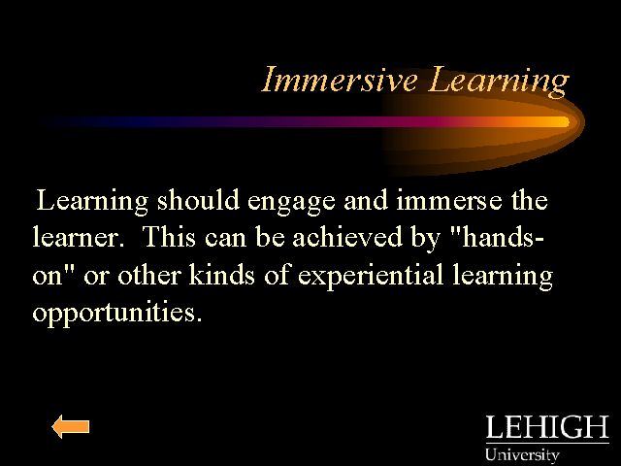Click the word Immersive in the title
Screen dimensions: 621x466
pos(340,80)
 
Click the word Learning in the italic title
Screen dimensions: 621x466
pos(499,82)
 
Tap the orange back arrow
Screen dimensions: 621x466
pos(71,427)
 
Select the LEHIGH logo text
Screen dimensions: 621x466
pos(547,427)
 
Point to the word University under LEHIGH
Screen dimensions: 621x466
pos(522,455)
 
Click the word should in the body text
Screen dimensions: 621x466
pos(198,200)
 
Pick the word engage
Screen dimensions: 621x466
pos(291,203)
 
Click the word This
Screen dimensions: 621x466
pos(169,237)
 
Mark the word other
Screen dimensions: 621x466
pos(148,274)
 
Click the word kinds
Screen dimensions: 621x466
pos(221,274)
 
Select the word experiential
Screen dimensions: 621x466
pos(371,276)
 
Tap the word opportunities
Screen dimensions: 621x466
pos(117,313)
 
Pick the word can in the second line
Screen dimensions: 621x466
pos(225,239)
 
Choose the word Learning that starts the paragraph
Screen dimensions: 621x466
pos(92,202)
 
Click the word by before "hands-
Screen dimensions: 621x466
pos(426,239)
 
